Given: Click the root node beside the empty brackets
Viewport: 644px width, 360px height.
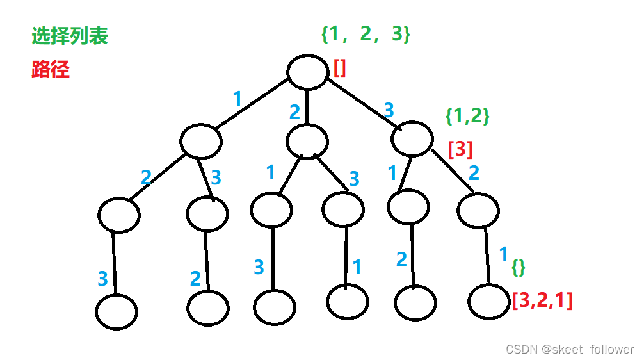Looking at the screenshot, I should pyautogui.click(x=307, y=71).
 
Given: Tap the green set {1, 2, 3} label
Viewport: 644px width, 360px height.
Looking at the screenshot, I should pyautogui.click(x=366, y=34).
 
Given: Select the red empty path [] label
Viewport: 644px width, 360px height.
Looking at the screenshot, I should pyautogui.click(x=339, y=67).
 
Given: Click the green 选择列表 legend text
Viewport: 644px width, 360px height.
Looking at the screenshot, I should pyautogui.click(x=70, y=36).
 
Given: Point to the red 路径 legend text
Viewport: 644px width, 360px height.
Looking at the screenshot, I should pyautogui.click(x=50, y=69).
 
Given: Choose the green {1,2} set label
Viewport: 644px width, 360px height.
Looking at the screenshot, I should pyautogui.click(x=467, y=115).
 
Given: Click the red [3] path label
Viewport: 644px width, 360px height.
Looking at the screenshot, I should pyautogui.click(x=460, y=149).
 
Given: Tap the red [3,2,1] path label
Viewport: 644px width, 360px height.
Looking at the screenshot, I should pyautogui.click(x=542, y=300).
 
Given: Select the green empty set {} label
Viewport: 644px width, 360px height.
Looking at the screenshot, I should pyautogui.click(x=518, y=269).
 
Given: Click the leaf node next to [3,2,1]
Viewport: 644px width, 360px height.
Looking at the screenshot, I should pyautogui.click(x=488, y=301).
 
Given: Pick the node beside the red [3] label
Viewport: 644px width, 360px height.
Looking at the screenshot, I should pyautogui.click(x=412, y=138).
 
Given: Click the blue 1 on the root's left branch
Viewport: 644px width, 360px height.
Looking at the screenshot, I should pyautogui.click(x=237, y=99).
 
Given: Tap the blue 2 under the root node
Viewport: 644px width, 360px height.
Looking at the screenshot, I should pyautogui.click(x=294, y=113).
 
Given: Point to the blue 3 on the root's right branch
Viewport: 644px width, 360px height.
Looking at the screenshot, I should pyautogui.click(x=389, y=110).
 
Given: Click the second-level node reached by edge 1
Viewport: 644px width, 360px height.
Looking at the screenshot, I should pyautogui.click(x=201, y=142).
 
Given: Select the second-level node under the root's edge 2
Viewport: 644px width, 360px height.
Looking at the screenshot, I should pyautogui.click(x=307, y=140).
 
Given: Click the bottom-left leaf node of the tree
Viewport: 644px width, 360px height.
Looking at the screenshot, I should pyautogui.click(x=117, y=312).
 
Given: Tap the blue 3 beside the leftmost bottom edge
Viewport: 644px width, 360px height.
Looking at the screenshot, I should pyautogui.click(x=102, y=279).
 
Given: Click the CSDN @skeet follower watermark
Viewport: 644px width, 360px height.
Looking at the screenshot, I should pyautogui.click(x=569, y=349).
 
